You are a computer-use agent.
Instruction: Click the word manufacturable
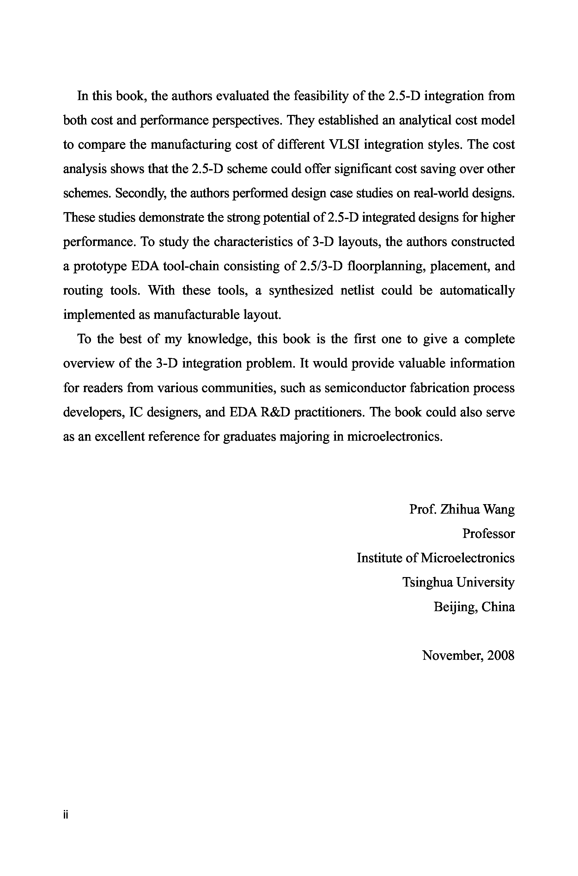(x=196, y=315)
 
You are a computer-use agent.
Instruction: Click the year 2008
(x=500, y=655)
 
